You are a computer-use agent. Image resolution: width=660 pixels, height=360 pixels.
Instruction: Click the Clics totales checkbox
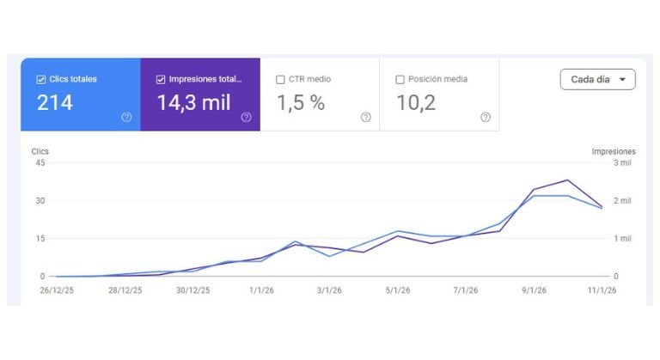point(41,79)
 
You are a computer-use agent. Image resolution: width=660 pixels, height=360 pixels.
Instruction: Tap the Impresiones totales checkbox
point(162,79)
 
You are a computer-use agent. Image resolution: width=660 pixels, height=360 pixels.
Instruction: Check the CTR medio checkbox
point(281,79)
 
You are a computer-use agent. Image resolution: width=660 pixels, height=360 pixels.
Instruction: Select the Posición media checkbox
point(400,79)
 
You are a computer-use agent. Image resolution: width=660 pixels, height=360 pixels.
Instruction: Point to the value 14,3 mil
point(193,103)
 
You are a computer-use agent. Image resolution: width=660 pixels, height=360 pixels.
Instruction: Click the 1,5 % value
point(300,103)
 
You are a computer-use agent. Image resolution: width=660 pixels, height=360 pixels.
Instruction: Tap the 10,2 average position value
point(416,103)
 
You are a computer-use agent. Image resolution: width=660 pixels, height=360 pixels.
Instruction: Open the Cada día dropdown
point(597,79)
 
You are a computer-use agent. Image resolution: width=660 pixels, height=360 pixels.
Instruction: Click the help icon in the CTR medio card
point(366,117)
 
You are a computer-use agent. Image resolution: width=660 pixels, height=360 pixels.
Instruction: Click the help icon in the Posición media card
point(486,117)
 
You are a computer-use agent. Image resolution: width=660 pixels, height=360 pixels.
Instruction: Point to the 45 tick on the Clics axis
point(40,163)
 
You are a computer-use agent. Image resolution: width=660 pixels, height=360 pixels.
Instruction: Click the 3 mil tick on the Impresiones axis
point(620,163)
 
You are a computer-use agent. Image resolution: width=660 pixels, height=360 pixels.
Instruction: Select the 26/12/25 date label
point(56,290)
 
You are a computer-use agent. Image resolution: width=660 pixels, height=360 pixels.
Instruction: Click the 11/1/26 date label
point(602,290)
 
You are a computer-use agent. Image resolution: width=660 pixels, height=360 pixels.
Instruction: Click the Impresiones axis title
point(613,151)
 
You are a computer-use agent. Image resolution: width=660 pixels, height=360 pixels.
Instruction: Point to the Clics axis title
point(40,151)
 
